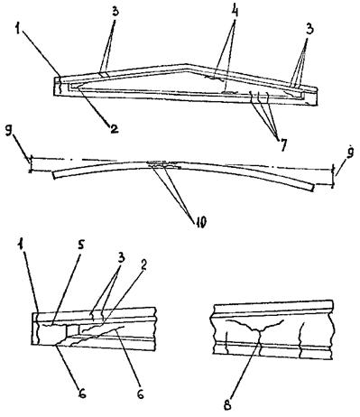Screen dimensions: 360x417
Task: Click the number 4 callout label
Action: click(x=235, y=12)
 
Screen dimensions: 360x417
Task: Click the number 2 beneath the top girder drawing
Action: click(x=114, y=129)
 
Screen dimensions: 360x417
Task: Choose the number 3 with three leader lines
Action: click(x=309, y=30)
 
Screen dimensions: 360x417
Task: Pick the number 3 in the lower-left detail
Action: click(x=121, y=258)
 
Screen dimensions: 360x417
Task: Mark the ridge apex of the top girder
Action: click(x=186, y=64)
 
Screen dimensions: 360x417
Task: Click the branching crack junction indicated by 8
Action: click(x=259, y=329)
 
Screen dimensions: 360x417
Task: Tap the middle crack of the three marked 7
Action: click(x=259, y=96)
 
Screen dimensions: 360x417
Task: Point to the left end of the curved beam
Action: click(x=54, y=175)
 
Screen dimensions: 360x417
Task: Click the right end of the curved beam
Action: click(x=313, y=187)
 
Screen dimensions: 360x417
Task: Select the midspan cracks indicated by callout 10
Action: click(x=164, y=164)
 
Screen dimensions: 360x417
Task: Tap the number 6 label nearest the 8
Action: click(x=140, y=394)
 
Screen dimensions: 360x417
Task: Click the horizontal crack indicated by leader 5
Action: click(x=48, y=325)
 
